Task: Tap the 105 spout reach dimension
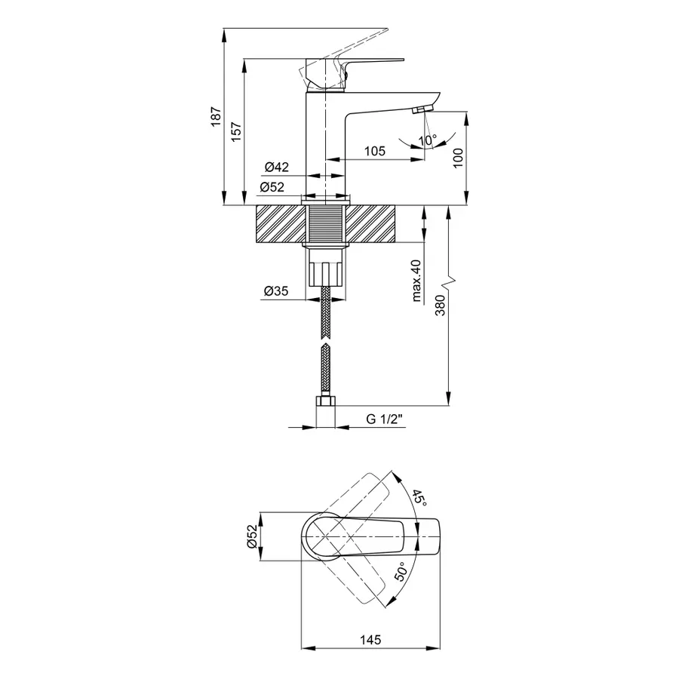pos(375,151)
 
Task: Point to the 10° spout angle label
pos(428,140)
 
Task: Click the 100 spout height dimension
pos(458,158)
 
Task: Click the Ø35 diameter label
pos(277,291)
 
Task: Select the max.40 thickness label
pos(416,281)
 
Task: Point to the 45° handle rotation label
pos(419,497)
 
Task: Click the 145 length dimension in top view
pos(371,639)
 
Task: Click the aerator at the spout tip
pos(420,111)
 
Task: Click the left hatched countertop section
pos(280,223)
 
